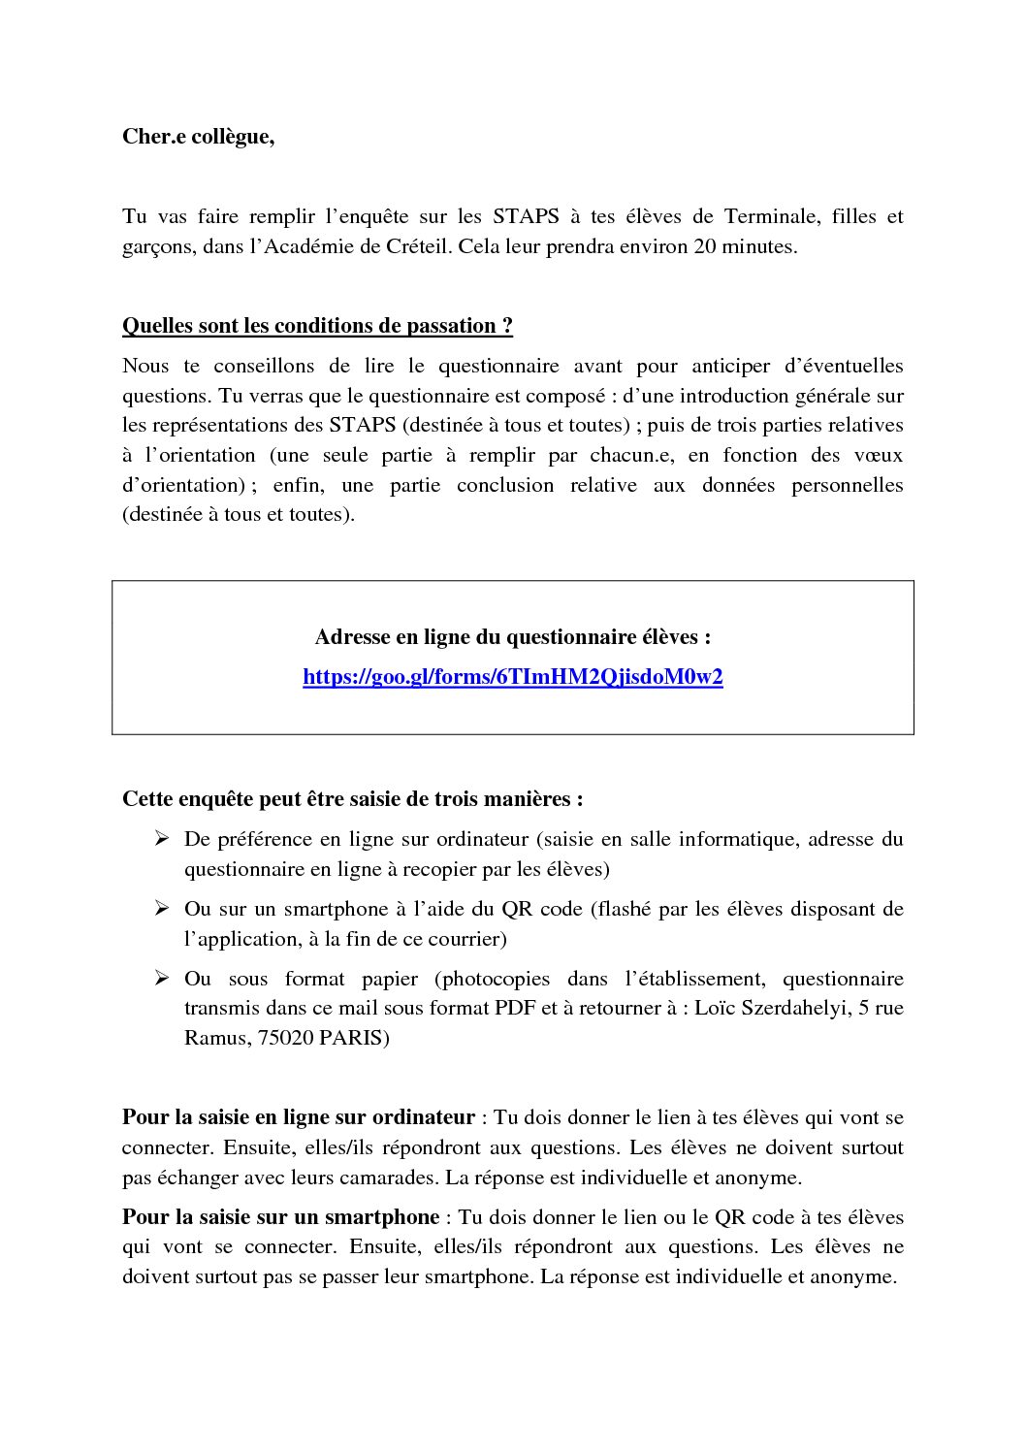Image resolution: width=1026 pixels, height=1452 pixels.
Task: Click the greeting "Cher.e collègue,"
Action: pos(198,138)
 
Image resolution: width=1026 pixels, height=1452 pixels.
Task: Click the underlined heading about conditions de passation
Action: pos(317,326)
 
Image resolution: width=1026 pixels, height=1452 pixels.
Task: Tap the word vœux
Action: pos(882,455)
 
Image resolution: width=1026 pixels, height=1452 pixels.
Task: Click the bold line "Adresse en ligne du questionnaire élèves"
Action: pos(513,637)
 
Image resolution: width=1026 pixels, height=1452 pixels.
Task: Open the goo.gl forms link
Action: pos(513,677)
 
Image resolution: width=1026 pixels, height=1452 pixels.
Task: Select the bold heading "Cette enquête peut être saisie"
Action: pos(353,799)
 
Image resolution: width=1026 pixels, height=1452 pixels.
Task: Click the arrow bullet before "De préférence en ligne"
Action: pos(162,839)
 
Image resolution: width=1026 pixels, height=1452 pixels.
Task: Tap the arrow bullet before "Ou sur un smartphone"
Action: pos(162,909)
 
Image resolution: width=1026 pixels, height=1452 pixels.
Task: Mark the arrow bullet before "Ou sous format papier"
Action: pos(162,979)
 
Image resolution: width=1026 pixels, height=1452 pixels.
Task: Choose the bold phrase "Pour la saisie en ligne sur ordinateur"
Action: pos(298,1117)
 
